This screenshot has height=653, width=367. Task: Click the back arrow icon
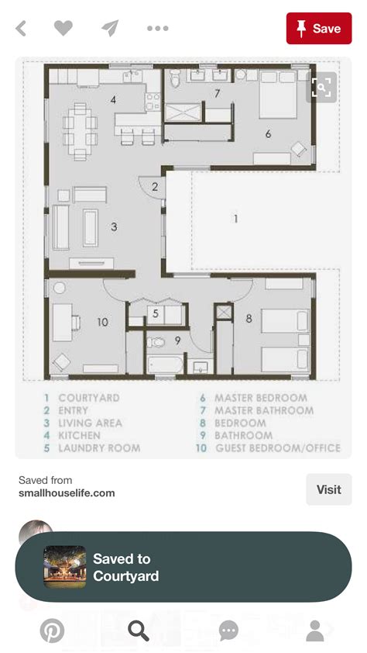(x=21, y=29)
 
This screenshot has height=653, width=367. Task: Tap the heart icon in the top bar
(x=63, y=29)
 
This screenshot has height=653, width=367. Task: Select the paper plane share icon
(x=110, y=29)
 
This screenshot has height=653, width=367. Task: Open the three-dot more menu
(x=157, y=29)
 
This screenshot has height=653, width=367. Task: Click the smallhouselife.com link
(x=67, y=492)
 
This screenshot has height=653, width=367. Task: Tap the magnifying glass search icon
(x=139, y=631)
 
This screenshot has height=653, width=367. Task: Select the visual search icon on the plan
(x=323, y=87)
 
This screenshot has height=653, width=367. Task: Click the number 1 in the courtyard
(x=236, y=219)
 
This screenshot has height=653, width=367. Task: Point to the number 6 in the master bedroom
(x=268, y=133)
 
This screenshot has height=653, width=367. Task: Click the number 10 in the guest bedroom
(x=102, y=322)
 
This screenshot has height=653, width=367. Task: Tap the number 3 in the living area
(x=114, y=227)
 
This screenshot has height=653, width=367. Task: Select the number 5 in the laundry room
(x=156, y=313)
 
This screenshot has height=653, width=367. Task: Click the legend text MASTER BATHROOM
(x=260, y=410)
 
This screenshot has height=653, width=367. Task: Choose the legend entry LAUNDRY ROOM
(x=99, y=448)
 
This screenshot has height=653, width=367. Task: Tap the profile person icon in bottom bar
(x=314, y=631)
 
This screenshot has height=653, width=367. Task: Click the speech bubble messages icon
(x=228, y=631)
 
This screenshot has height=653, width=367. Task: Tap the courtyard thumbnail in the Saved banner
(x=64, y=567)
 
